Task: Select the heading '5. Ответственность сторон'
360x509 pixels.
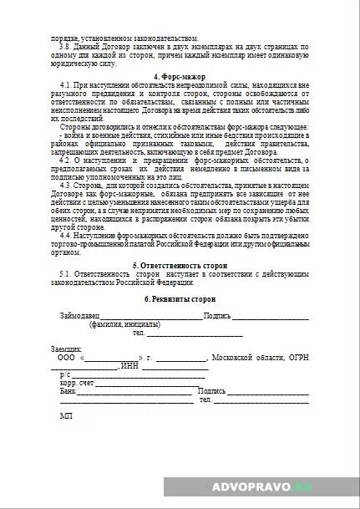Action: (x=180, y=265)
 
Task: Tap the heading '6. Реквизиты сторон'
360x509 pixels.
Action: (x=180, y=298)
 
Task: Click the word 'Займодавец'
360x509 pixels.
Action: (x=80, y=317)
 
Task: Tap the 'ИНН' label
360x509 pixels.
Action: (x=129, y=366)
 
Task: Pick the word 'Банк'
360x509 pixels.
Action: (x=68, y=391)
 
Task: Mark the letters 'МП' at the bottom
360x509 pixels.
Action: (x=65, y=415)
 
